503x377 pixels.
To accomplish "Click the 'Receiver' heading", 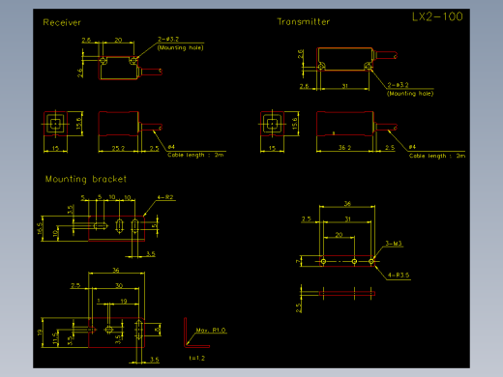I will tap(63, 21).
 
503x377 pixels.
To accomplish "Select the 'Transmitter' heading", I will tap(303, 21).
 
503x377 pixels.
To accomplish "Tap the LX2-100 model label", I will tap(436, 17).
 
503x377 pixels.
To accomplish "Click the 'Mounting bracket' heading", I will tap(86, 179).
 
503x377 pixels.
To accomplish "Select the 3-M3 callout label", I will tap(394, 243).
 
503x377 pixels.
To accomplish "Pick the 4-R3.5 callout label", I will tap(399, 275).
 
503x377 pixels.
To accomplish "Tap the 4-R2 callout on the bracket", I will tap(165, 197).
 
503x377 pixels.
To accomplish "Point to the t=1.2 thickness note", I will tap(197, 358).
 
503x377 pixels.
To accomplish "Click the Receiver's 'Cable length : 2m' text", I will tap(195, 155).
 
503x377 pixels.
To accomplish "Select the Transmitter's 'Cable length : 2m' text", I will tap(437, 155).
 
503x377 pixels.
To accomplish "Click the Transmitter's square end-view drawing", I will tap(274, 125).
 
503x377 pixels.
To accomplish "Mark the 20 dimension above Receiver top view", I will tap(117, 41).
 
